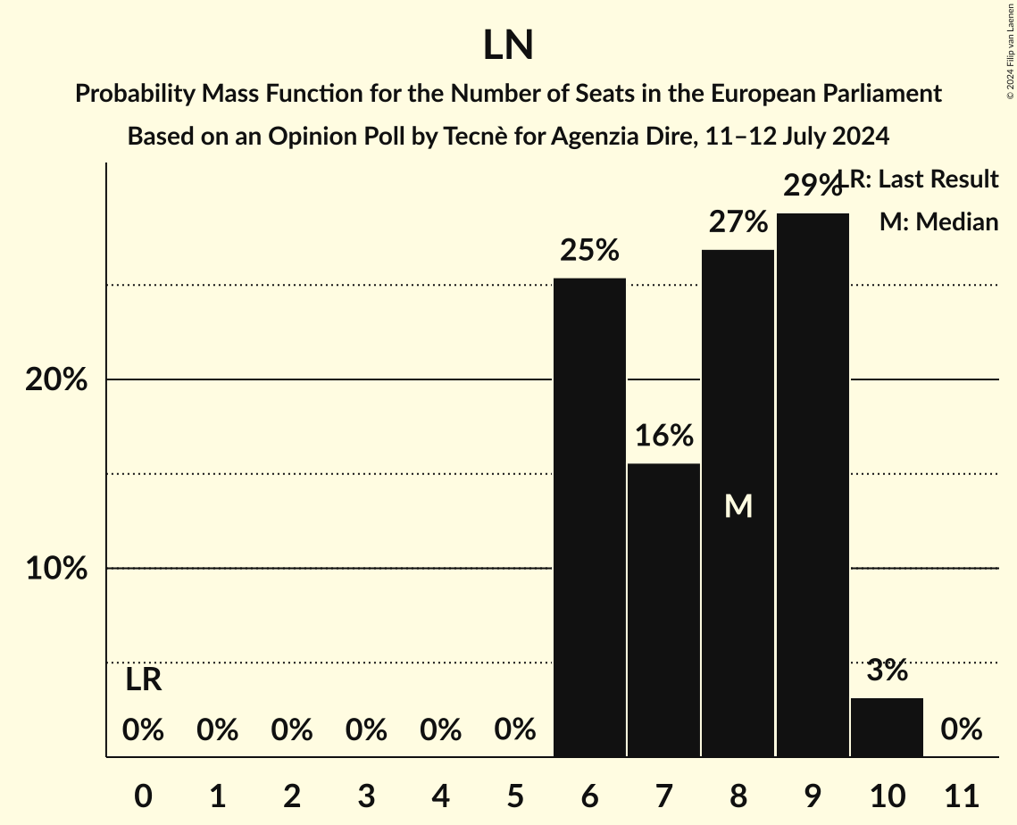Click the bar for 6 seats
click(x=589, y=518)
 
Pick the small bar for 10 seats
click(x=887, y=728)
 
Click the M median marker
click(x=738, y=506)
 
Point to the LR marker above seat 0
click(x=143, y=680)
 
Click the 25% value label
click(x=589, y=251)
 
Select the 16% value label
click(x=663, y=436)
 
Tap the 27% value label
click(x=738, y=221)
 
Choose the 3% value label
click(x=887, y=670)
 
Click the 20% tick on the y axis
click(x=56, y=380)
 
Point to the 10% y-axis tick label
click(x=56, y=569)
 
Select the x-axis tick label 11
click(x=961, y=794)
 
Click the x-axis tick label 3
click(x=366, y=794)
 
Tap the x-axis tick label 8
click(x=738, y=794)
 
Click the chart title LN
click(x=508, y=46)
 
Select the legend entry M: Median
click(x=938, y=221)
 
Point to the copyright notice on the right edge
click(x=1010, y=50)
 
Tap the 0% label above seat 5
click(x=515, y=730)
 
